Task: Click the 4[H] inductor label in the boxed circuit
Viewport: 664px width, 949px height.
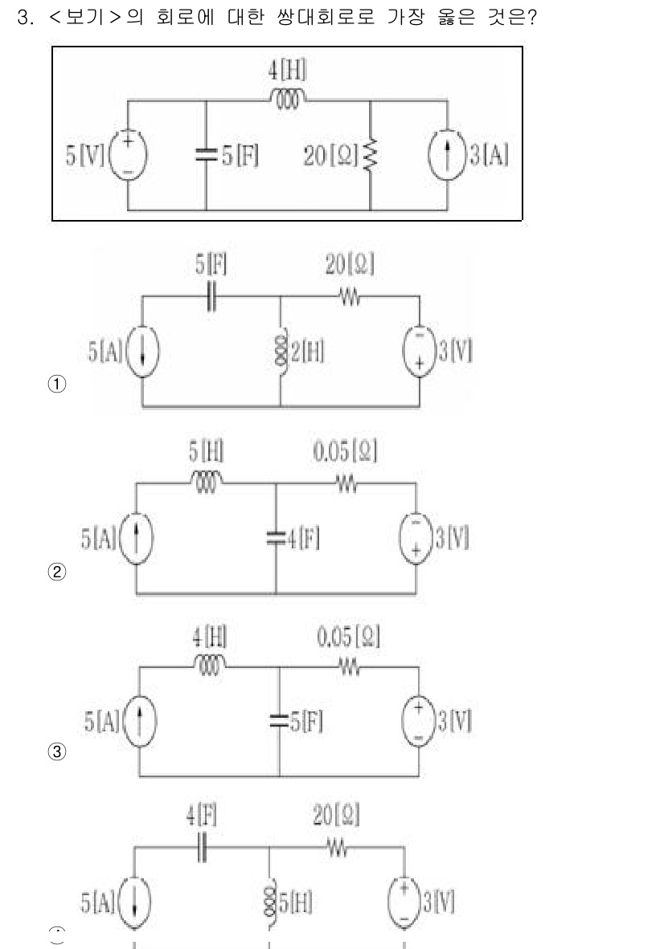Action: coord(286,71)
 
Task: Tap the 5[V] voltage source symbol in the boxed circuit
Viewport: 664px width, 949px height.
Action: coord(126,155)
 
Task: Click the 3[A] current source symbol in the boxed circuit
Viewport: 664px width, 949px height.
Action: coord(447,155)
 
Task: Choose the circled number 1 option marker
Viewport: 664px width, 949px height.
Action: coord(57,384)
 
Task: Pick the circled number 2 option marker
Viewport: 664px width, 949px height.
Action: coord(57,572)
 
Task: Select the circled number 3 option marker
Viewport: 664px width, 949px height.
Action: coord(57,753)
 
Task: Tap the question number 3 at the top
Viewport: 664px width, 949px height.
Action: coord(23,18)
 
